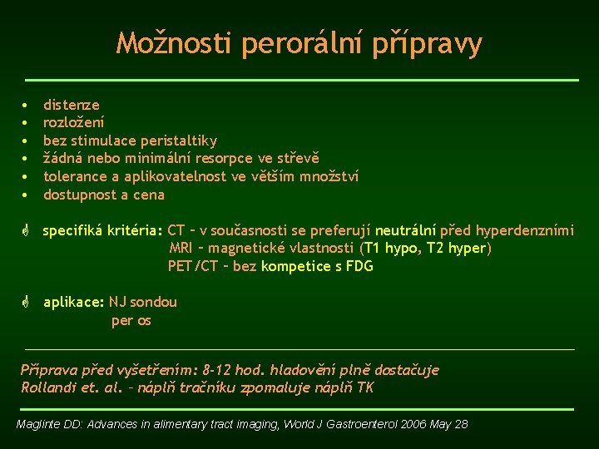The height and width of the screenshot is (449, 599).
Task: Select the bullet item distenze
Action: point(71,105)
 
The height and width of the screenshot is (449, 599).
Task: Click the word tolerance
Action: point(76,175)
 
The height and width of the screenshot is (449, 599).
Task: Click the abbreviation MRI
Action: point(181,249)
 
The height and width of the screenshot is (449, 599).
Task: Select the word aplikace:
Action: point(74,303)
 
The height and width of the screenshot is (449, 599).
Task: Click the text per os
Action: point(131,321)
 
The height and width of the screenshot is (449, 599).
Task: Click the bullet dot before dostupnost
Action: point(26,195)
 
